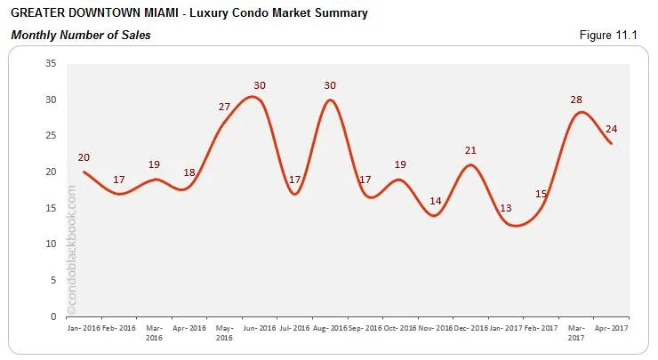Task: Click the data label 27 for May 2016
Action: [225, 107]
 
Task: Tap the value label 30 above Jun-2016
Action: [260, 85]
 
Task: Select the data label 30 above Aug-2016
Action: [330, 85]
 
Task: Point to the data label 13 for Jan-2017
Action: [507, 208]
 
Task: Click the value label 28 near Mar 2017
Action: [576, 100]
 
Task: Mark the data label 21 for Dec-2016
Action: [471, 150]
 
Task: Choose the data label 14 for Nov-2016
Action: [436, 201]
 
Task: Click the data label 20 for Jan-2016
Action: [84, 157]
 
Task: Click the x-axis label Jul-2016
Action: [295, 328]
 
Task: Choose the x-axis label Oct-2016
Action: [401, 328]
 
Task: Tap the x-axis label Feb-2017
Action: [541, 328]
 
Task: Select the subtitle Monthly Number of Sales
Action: [81, 35]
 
